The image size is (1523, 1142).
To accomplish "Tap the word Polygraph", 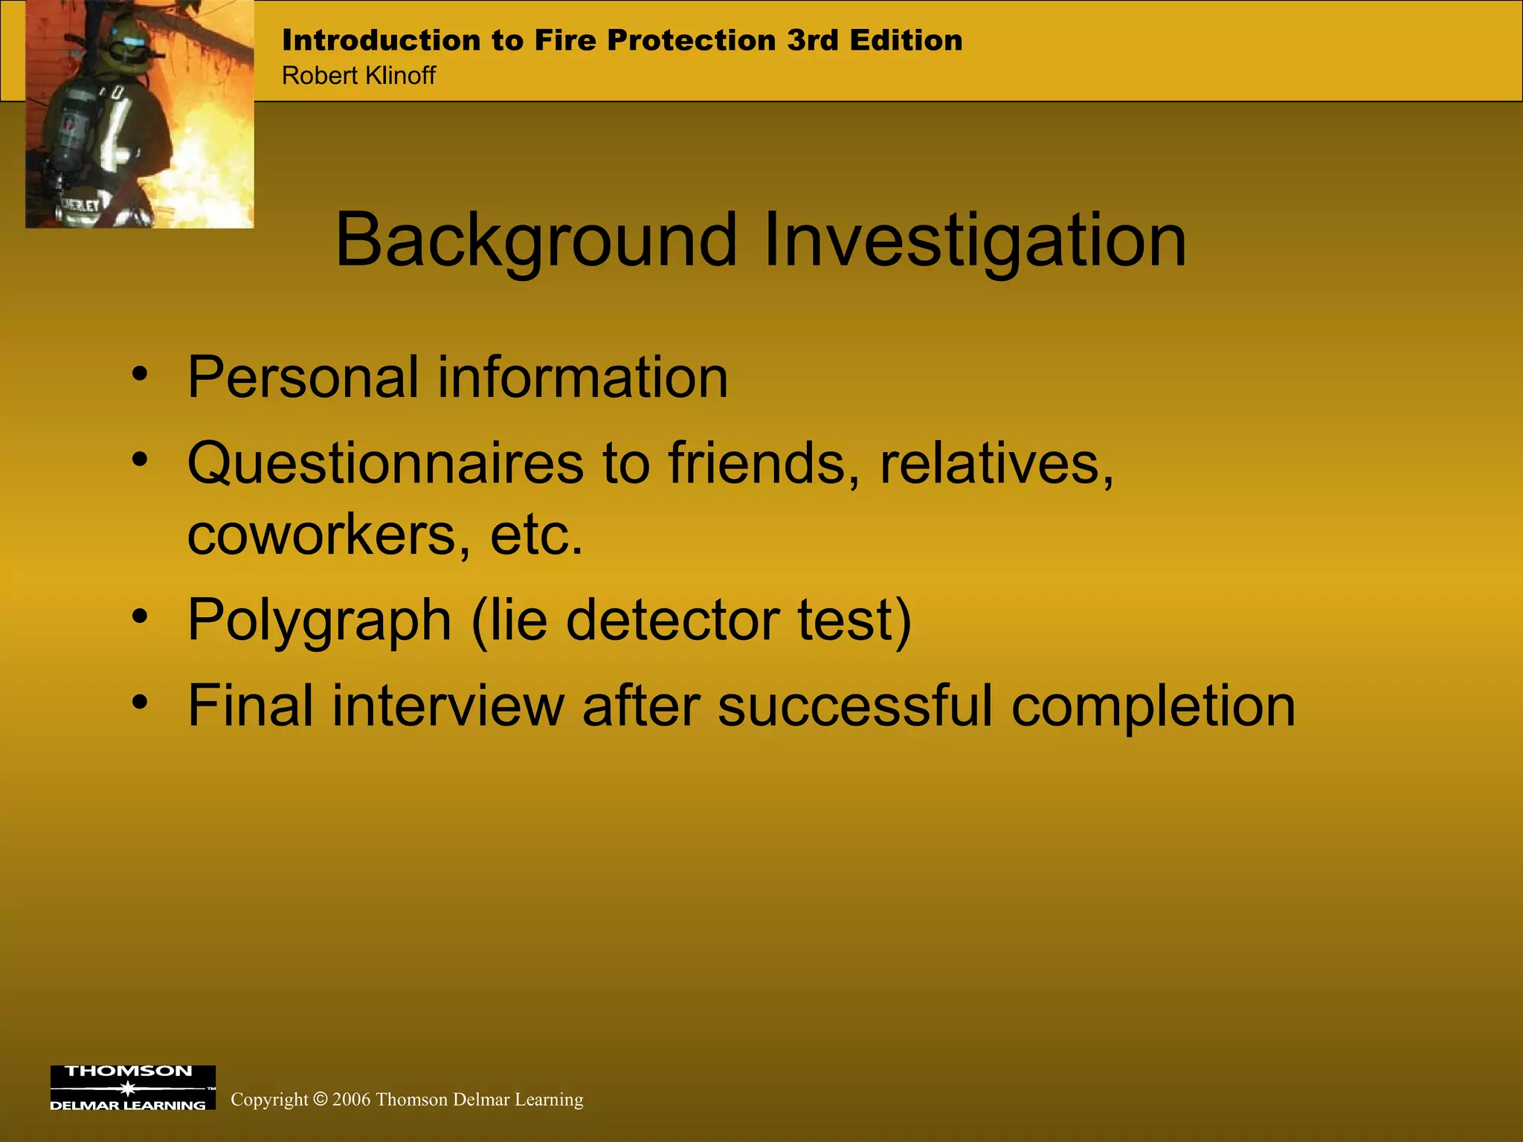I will tap(319, 621).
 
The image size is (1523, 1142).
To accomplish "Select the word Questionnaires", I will tap(384, 464).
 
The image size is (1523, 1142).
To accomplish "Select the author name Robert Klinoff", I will tap(358, 76).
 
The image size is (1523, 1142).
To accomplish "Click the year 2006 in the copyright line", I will tap(351, 1100).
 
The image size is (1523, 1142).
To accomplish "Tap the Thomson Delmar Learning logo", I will tap(132, 1088).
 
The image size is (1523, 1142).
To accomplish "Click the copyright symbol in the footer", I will tap(321, 1100).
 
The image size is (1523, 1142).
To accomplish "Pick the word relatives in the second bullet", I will tap(996, 464).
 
